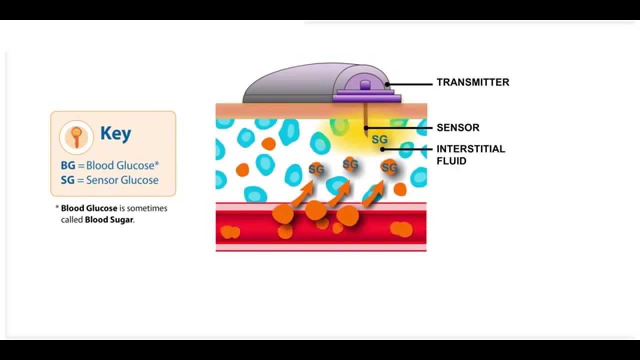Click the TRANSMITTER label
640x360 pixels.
pyautogui.click(x=472, y=82)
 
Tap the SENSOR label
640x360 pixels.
pyautogui.click(x=457, y=127)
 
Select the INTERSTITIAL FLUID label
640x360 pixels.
pyautogui.click(x=470, y=154)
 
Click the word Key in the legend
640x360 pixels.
pyautogui.click(x=115, y=133)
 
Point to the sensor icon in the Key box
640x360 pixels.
pyautogui.click(x=76, y=137)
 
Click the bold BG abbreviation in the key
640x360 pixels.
pyautogui.click(x=67, y=165)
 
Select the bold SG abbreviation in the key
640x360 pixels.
pyautogui.click(x=67, y=180)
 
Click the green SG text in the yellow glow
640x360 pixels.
pyautogui.click(x=379, y=139)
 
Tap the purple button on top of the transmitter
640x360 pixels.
pyautogui.click(x=365, y=85)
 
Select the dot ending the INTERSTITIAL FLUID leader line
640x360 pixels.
pyautogui.click(x=382, y=149)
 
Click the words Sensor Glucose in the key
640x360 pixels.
pyautogui.click(x=122, y=180)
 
